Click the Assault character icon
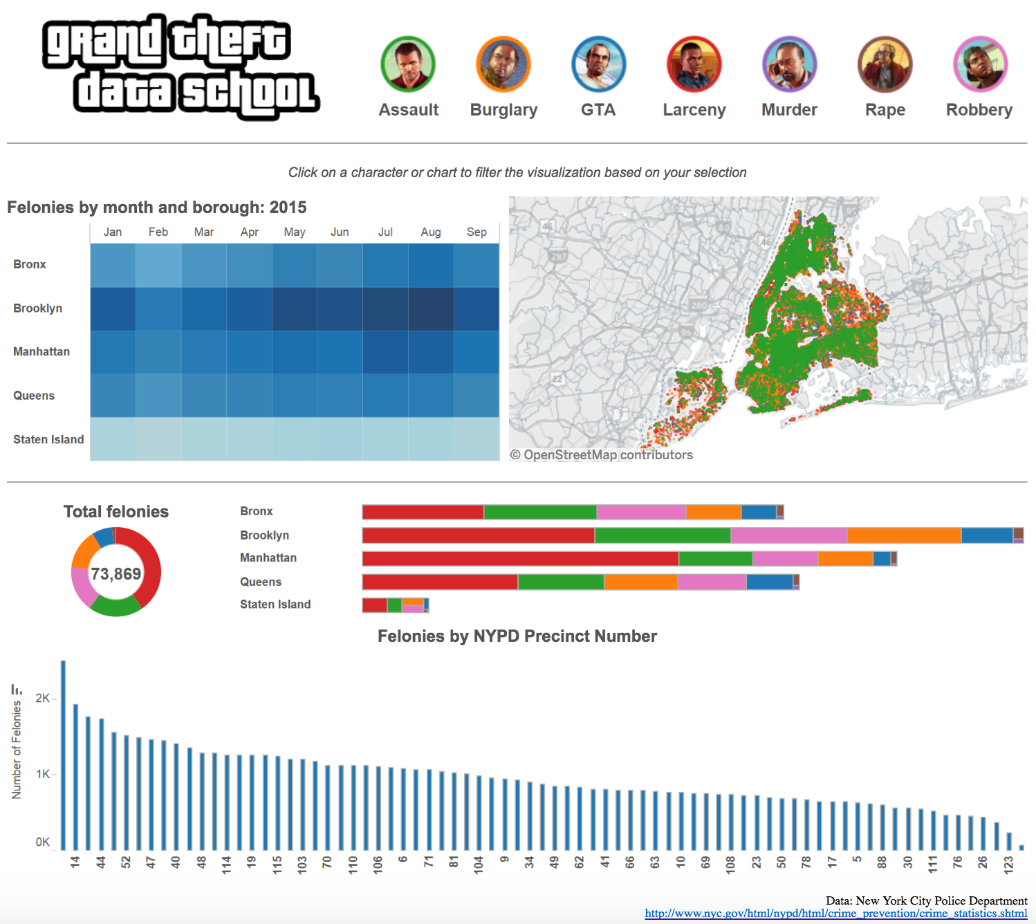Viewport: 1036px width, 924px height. [408, 64]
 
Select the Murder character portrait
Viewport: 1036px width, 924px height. [789, 64]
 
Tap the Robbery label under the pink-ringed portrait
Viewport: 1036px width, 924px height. [979, 110]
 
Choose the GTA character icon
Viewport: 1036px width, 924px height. [599, 64]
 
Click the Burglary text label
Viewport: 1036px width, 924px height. [503, 110]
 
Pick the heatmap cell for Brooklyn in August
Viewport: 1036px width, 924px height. [431, 308]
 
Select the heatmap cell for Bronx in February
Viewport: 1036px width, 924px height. [158, 265]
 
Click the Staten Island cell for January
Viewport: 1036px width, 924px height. [113, 439]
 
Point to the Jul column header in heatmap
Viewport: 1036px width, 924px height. [385, 232]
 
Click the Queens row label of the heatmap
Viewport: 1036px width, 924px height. [34, 396]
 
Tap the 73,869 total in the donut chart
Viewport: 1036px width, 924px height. [115, 574]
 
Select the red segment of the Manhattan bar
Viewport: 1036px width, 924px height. [520, 559]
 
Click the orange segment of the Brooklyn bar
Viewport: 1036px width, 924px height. [904, 535]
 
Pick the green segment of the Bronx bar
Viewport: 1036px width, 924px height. [540, 512]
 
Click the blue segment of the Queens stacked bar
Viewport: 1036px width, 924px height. [769, 582]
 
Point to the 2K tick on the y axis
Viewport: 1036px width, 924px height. [42, 699]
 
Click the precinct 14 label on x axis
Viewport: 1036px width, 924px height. [75, 862]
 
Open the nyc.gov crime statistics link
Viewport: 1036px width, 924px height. [835, 914]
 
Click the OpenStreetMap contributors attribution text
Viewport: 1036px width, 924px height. [602, 455]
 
